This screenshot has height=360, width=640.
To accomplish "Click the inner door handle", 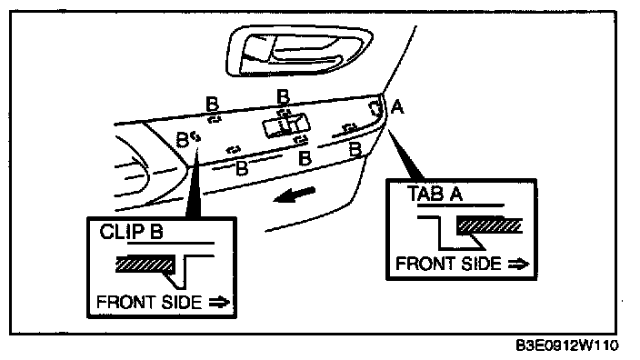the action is point(299,50).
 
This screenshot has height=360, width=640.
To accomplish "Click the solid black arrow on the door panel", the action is point(294,195).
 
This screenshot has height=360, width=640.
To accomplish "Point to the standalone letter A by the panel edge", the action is point(397,107).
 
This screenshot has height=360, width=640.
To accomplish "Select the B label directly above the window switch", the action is point(283,97).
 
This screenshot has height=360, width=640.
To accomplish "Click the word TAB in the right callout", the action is point(425,194).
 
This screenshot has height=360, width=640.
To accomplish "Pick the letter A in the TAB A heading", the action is point(456,194).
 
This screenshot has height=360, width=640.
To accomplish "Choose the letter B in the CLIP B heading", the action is point(156,232).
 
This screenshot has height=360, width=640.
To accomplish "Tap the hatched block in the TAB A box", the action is point(489,225).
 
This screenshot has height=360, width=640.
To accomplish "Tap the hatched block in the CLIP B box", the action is point(145,264).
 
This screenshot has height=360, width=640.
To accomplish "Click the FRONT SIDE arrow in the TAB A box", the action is point(519,264).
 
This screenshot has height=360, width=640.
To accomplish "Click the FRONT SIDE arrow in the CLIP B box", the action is point(220,303).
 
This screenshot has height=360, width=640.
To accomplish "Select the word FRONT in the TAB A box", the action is point(425,264).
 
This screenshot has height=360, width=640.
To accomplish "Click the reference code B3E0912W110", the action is point(567,346).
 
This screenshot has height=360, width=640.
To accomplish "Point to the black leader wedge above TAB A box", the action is point(404,155).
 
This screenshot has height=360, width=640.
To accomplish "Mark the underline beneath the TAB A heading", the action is point(460,205).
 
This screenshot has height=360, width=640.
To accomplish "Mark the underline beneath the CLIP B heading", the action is point(171,244).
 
